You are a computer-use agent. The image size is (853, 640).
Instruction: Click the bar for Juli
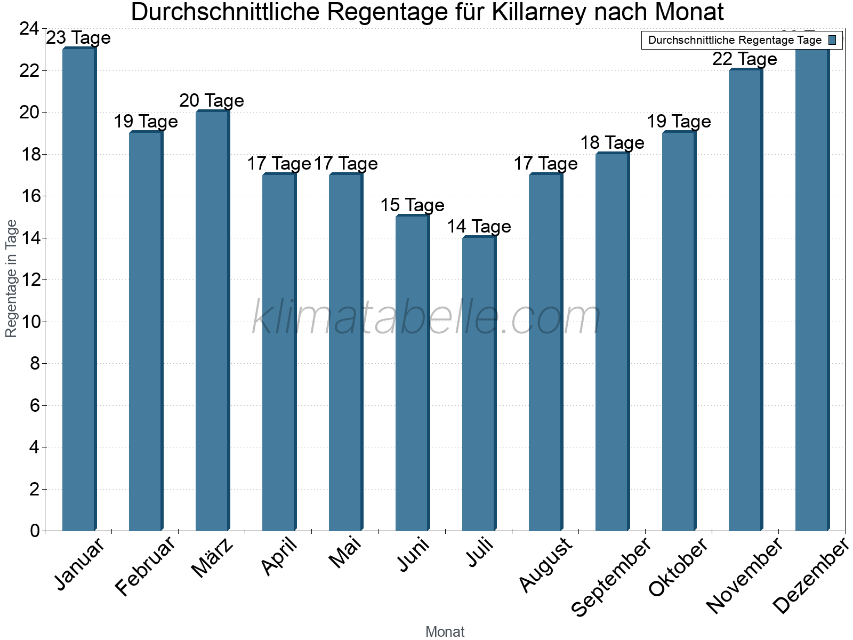pyautogui.click(x=479, y=383)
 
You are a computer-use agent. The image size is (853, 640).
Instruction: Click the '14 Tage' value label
pyautogui.click(x=479, y=227)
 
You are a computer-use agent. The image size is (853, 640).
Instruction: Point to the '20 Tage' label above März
pyautogui.click(x=212, y=101)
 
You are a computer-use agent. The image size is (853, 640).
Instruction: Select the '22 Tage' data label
pyautogui.click(x=745, y=59)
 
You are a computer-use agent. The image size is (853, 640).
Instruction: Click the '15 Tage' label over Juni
pyautogui.click(x=412, y=205)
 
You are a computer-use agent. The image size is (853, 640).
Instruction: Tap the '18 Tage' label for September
pyautogui.click(x=612, y=143)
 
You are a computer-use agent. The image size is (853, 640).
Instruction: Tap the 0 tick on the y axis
pyautogui.click(x=35, y=531)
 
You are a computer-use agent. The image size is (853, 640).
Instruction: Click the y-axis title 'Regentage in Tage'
pyautogui.click(x=11, y=278)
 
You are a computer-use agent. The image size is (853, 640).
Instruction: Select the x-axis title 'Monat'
pyautogui.click(x=445, y=631)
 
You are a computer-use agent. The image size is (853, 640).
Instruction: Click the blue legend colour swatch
pyautogui.click(x=832, y=40)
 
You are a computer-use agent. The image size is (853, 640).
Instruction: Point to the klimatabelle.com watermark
pyautogui.click(x=426, y=318)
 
